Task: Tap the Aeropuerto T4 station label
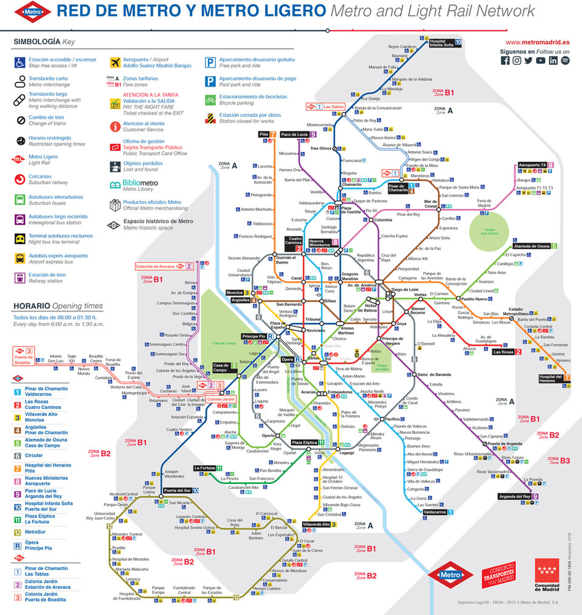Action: pyautogui.click(x=532, y=165)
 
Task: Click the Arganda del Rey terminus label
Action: pyautogui.click(x=514, y=497)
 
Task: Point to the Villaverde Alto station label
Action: pyautogui.click(x=316, y=524)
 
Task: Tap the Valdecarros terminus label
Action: pyautogui.click(x=434, y=512)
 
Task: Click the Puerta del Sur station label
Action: pyautogui.click(x=177, y=490)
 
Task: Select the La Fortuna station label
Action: pyautogui.click(x=204, y=468)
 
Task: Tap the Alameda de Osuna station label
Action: pyautogui.click(x=530, y=246)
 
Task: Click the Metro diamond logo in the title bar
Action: pyautogui.click(x=33, y=10)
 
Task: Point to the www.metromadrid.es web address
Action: pyautogui.click(x=537, y=42)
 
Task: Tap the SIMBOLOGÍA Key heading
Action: pyautogui.click(x=44, y=41)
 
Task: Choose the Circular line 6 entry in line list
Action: pyautogui.click(x=33, y=455)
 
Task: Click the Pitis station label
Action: pyautogui.click(x=264, y=134)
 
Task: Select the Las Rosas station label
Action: pyautogui.click(x=503, y=351)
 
